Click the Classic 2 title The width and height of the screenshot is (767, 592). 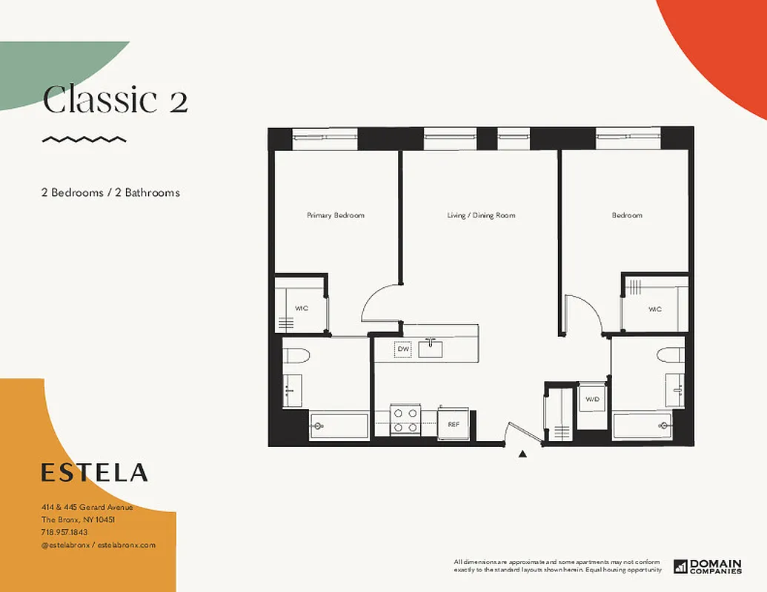tap(115, 101)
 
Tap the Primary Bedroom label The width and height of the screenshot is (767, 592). tap(336, 215)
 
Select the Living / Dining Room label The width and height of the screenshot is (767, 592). tap(481, 215)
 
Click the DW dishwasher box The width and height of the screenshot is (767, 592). tap(402, 349)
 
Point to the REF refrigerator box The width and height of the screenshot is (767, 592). tap(453, 424)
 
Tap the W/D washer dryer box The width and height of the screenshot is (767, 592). tap(592, 400)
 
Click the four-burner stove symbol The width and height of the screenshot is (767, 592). tap(405, 420)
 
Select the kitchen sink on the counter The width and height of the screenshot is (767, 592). tap(430, 348)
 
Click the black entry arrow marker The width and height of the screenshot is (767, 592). tap(522, 454)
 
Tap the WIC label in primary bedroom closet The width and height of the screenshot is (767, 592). tap(302, 308)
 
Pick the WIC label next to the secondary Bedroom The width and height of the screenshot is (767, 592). tap(654, 309)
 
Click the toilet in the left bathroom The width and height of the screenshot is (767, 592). tap(296, 356)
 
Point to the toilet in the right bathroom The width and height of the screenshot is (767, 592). tap(671, 354)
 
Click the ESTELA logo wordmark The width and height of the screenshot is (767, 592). tap(94, 472)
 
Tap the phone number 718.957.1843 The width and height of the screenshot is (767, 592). tap(64, 532)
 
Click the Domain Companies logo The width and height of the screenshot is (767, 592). tap(707, 566)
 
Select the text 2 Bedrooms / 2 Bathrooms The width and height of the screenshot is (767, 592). tap(110, 192)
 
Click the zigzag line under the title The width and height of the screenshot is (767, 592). tap(84, 139)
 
